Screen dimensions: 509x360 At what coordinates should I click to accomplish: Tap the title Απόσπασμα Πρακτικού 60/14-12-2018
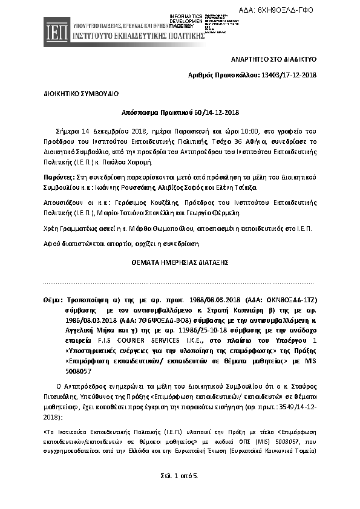180,112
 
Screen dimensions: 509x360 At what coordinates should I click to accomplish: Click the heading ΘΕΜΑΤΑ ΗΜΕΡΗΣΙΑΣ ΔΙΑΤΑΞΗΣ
180,264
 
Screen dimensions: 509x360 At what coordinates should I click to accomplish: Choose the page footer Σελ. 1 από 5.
180,476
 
